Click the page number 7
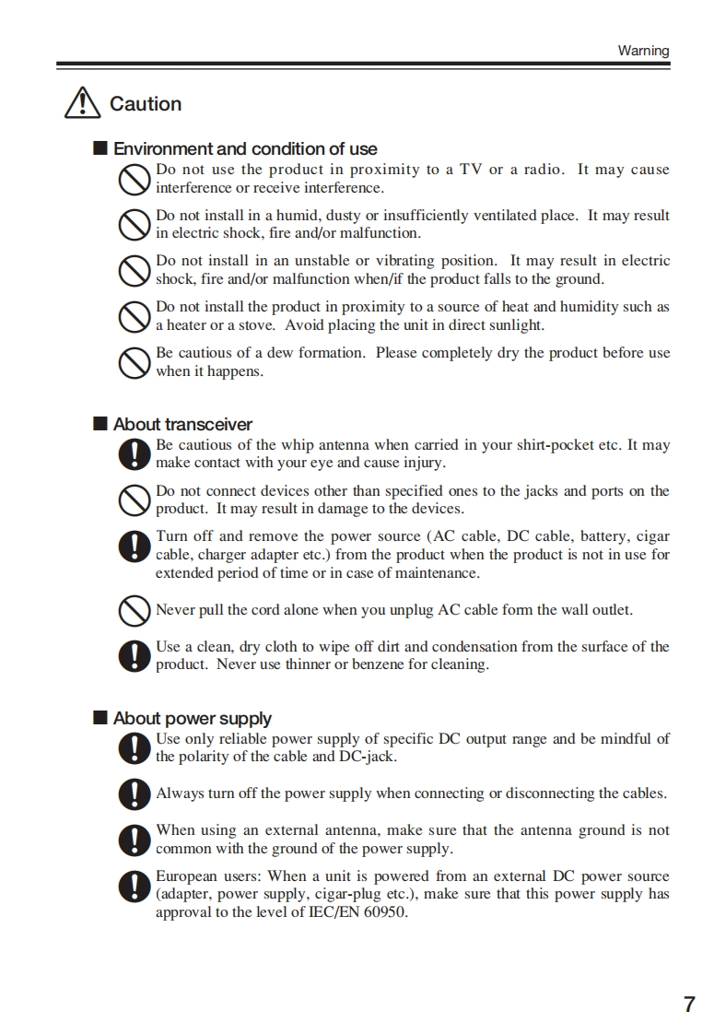point(689,1004)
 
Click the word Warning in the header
point(643,51)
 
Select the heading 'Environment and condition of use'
point(245,148)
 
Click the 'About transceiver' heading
point(182,424)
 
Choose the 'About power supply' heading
point(193,718)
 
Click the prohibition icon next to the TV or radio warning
point(135,179)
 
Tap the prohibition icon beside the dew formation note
point(135,362)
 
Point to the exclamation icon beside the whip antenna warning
point(135,454)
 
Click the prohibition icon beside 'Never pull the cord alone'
point(135,610)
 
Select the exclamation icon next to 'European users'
point(135,886)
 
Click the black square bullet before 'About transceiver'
point(100,424)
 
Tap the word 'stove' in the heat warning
point(252,325)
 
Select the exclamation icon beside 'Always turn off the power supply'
point(135,793)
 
